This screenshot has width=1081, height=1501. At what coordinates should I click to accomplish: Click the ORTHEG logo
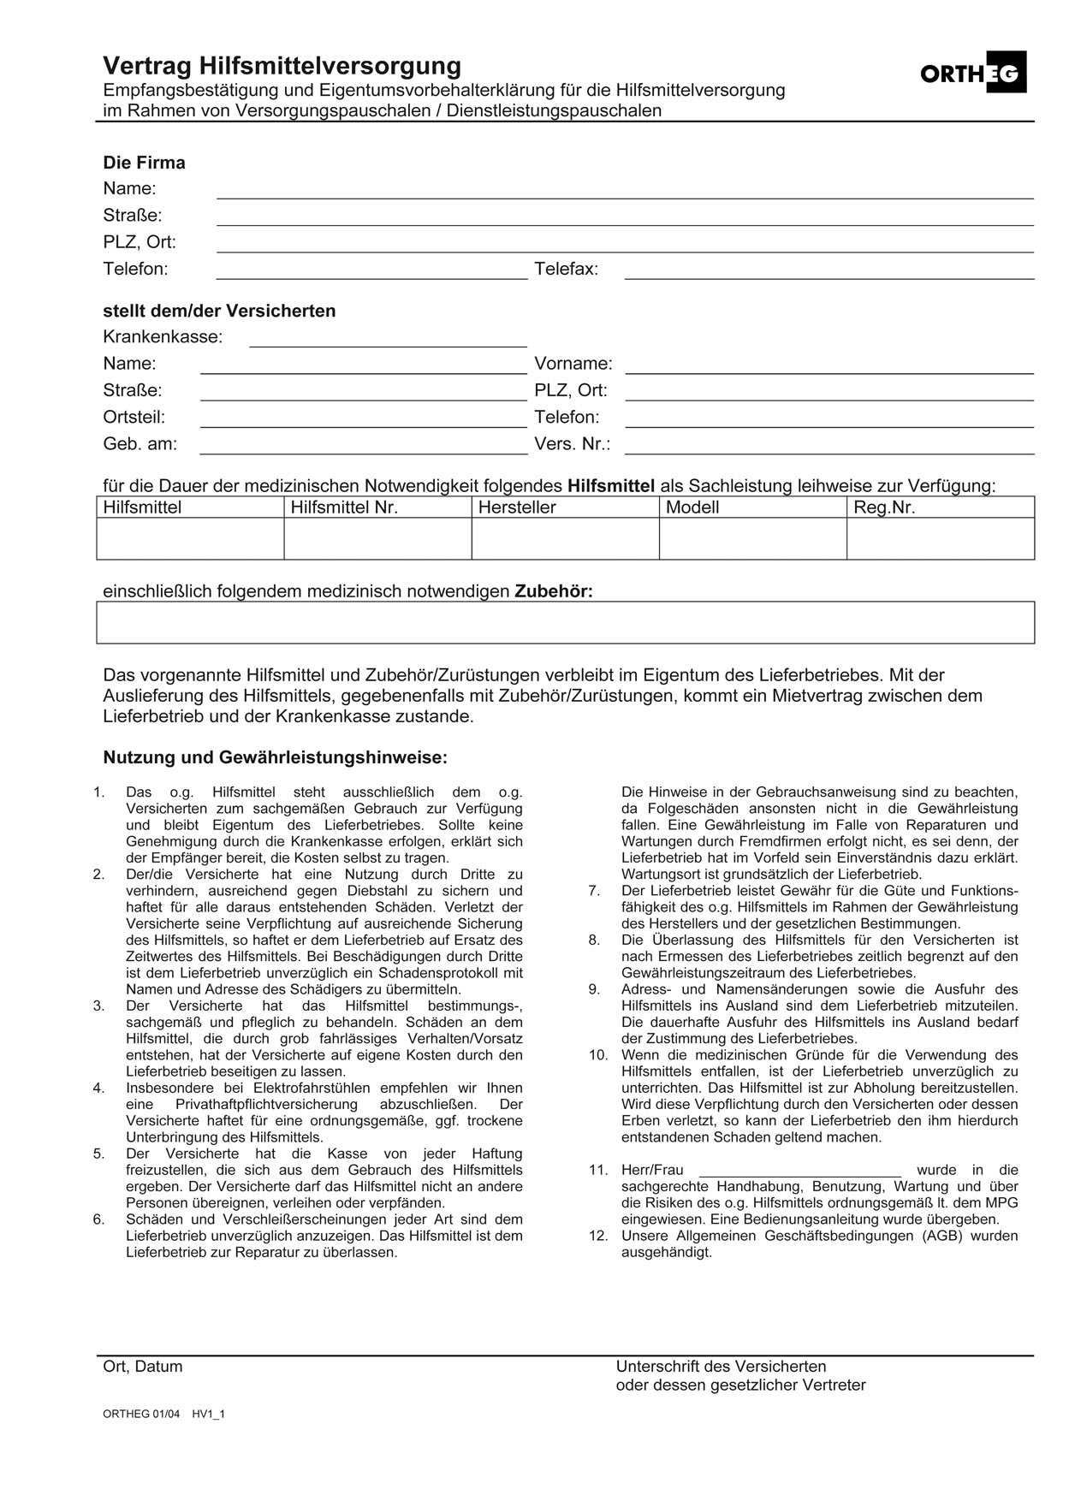click(972, 74)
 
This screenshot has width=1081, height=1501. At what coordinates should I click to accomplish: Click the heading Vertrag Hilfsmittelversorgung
click(282, 66)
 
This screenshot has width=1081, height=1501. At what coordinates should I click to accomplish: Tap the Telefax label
click(566, 270)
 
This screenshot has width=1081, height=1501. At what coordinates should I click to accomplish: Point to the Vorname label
click(573, 364)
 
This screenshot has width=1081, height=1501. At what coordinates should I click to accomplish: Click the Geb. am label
click(140, 444)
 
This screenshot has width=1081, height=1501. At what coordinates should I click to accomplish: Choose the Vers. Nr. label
click(572, 444)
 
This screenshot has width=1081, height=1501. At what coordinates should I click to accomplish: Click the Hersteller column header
click(517, 507)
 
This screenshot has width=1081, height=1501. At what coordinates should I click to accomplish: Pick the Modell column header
click(692, 507)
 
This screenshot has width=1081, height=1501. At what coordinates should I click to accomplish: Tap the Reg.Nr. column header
click(884, 507)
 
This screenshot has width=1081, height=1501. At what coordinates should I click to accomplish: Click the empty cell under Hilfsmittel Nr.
click(377, 539)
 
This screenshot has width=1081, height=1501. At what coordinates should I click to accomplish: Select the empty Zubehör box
click(565, 622)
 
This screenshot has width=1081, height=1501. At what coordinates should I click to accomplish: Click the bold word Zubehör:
click(553, 591)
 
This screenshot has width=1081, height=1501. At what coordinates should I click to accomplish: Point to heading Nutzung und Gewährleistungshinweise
click(275, 757)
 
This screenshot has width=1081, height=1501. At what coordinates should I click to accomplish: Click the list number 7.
click(594, 891)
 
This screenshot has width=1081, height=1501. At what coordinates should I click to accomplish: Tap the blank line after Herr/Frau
click(799, 1170)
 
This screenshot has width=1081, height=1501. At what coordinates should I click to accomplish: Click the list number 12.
click(597, 1236)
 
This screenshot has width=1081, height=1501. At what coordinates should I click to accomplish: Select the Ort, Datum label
click(143, 1367)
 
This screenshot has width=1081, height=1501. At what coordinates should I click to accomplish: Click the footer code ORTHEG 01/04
click(141, 1414)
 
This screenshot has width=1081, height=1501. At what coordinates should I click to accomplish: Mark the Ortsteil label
click(134, 418)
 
